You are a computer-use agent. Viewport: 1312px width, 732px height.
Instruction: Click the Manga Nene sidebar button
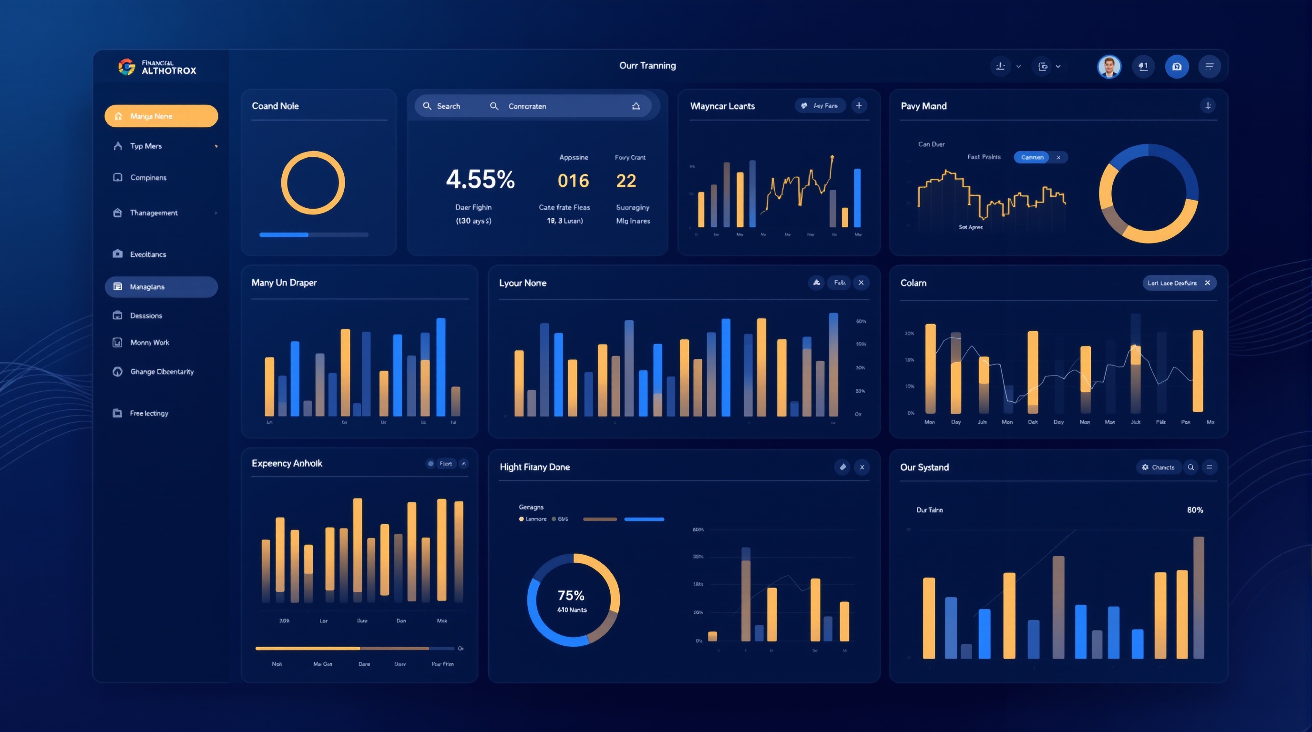tap(161, 116)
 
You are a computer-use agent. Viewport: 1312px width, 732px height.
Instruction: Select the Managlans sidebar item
tap(161, 286)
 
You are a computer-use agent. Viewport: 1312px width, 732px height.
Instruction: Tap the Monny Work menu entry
tap(149, 343)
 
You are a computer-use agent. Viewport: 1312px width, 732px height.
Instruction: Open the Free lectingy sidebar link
tap(149, 413)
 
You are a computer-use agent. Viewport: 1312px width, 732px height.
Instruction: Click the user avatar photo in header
tap(1109, 66)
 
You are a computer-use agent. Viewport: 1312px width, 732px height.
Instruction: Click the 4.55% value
tap(480, 179)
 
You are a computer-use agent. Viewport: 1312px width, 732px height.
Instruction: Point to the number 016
tap(573, 181)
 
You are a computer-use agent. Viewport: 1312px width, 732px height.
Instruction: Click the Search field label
tap(448, 106)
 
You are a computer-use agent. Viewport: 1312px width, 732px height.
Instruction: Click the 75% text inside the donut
tap(571, 595)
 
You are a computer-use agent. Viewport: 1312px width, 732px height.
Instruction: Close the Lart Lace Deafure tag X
tap(1207, 283)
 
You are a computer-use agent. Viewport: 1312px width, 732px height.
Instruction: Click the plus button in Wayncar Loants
tap(859, 105)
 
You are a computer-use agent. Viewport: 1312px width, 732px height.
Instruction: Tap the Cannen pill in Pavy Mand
tap(1032, 157)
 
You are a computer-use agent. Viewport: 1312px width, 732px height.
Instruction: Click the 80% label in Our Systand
tap(1195, 509)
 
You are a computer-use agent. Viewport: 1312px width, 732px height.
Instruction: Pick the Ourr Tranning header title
tap(647, 65)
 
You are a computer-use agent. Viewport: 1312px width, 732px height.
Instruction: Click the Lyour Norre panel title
tap(523, 283)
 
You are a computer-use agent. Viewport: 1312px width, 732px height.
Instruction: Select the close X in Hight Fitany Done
tap(862, 467)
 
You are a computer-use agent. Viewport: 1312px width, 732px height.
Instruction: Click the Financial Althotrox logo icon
tap(126, 67)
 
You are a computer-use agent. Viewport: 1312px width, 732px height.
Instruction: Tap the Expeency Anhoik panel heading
tap(287, 463)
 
